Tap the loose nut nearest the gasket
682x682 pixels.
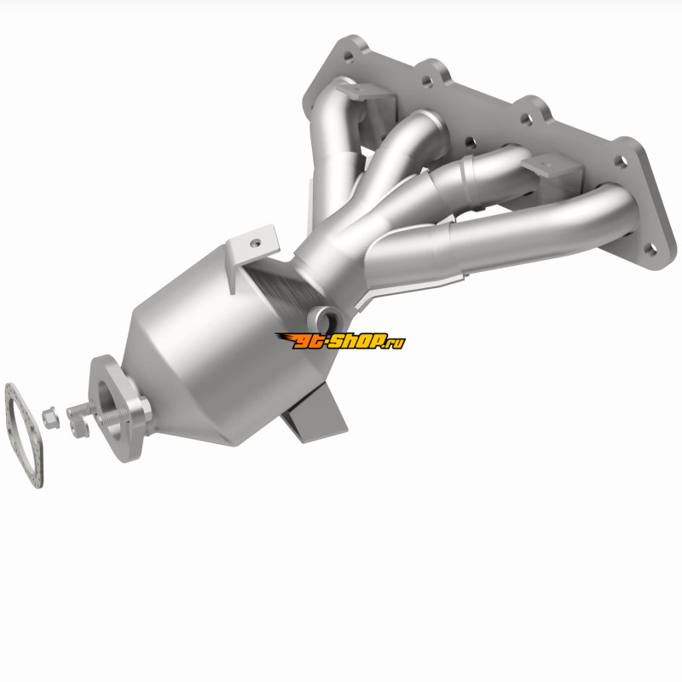tap(51, 418)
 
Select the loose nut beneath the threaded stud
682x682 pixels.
tap(79, 428)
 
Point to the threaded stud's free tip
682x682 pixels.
tap(69, 412)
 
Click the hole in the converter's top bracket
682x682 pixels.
tap(257, 242)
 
